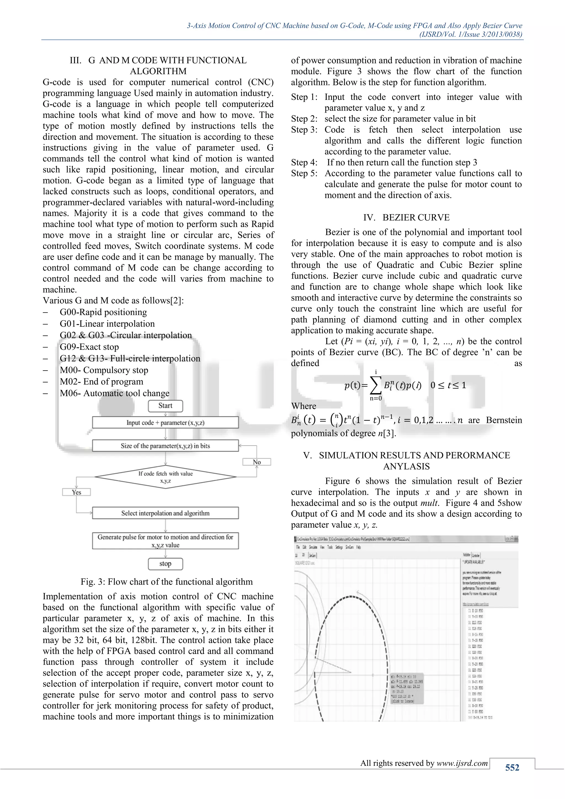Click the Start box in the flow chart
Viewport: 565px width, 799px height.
point(165,406)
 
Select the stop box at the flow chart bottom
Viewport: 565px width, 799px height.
point(165,564)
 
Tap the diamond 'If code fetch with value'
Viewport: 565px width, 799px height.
point(166,477)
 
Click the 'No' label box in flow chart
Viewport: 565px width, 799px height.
point(257,462)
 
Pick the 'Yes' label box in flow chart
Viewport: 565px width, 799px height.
point(76,492)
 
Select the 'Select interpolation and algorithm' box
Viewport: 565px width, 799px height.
point(165,513)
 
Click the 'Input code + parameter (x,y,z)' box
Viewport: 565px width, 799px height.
point(165,422)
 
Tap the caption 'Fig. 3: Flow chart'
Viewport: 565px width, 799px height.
point(167,582)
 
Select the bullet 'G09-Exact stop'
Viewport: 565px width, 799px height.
point(89,347)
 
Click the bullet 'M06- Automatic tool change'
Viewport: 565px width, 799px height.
point(114,393)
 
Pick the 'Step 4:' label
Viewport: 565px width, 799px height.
point(304,163)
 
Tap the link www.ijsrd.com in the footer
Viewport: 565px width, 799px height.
point(462,763)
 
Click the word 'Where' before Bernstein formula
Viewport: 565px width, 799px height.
point(304,406)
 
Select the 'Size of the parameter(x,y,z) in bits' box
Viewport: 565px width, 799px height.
point(165,446)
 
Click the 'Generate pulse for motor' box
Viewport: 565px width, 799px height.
point(165,541)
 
